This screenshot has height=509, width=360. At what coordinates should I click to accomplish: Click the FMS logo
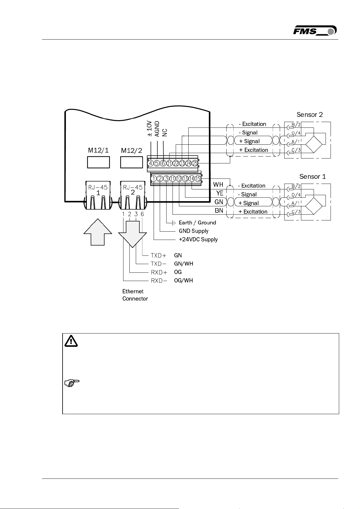pyautogui.click(x=314, y=31)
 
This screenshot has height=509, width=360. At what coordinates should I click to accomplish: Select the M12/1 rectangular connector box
pyautogui.click(x=98, y=162)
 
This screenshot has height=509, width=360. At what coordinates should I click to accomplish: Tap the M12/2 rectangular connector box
pyautogui.click(x=131, y=162)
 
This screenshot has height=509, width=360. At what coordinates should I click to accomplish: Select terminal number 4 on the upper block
pyautogui.click(x=151, y=163)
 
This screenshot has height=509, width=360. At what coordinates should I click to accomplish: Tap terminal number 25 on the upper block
pyautogui.click(x=195, y=163)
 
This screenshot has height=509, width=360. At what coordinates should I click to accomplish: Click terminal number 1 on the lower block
pyautogui.click(x=154, y=179)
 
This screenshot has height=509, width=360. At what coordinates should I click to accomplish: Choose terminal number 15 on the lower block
pyautogui.click(x=198, y=179)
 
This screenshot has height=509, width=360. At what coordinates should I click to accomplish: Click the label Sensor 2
pyautogui.click(x=310, y=115)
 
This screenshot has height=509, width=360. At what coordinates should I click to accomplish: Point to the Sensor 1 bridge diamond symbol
pyautogui.click(x=314, y=206)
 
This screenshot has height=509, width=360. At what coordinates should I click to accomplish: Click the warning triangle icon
pyautogui.click(x=71, y=341)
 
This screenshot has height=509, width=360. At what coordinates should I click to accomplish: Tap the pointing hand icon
pyautogui.click(x=72, y=383)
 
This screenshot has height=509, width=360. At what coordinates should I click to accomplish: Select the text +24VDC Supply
pyautogui.click(x=198, y=240)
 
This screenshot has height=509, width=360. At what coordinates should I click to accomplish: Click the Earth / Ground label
pyautogui.click(x=197, y=223)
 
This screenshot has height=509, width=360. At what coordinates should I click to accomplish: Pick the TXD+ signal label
pyautogui.click(x=158, y=256)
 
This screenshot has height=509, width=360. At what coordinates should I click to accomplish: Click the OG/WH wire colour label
pyautogui.click(x=183, y=281)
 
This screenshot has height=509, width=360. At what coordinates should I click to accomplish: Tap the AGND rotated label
pyautogui.click(x=157, y=129)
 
